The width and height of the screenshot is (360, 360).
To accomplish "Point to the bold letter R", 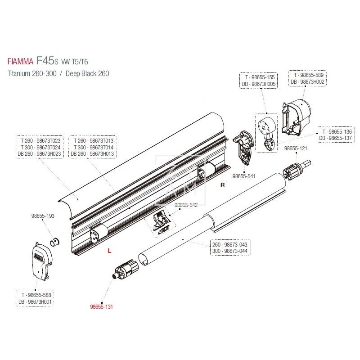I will pyautogui.click(x=221, y=184).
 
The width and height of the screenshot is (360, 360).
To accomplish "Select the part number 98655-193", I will pyautogui.click(x=43, y=216).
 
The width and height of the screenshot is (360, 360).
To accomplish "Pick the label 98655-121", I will pyautogui.click(x=296, y=148).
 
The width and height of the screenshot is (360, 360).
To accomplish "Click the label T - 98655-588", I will pyautogui.click(x=35, y=296).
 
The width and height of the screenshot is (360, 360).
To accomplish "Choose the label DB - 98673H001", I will pyautogui.click(x=35, y=302).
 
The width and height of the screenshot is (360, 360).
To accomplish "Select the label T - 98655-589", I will pyautogui.click(x=308, y=75).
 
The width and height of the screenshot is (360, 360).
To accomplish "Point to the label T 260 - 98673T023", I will pyautogui.click(x=40, y=140).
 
